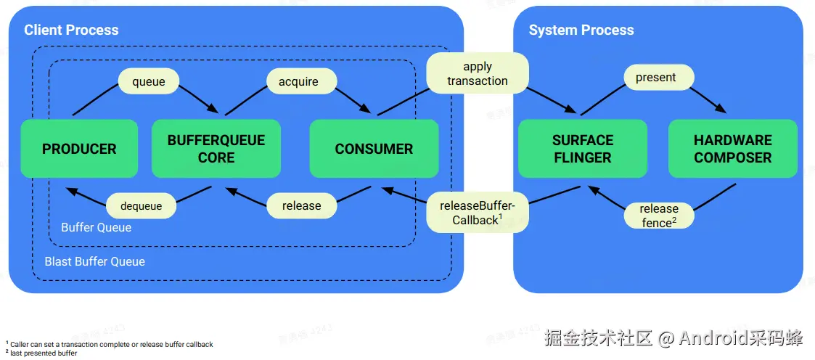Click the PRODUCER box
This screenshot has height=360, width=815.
[x=79, y=149]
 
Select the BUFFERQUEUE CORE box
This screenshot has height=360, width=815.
[x=216, y=149]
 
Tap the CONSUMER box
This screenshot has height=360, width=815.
[x=374, y=149]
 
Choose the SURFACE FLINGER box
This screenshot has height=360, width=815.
[x=582, y=149]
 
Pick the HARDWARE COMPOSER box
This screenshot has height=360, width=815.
[x=732, y=149]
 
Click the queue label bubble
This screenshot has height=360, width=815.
[x=149, y=81]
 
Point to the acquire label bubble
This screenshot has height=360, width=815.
[x=298, y=81]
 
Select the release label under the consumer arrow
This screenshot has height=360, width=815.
[x=301, y=206]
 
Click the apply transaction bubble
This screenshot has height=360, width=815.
[x=477, y=73]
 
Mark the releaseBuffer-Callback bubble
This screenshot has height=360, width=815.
[x=477, y=213]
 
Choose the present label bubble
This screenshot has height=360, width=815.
[x=655, y=77]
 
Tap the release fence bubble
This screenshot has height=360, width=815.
[x=658, y=216]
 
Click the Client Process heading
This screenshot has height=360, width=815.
[x=71, y=30]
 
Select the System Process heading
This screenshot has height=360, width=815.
[x=581, y=30]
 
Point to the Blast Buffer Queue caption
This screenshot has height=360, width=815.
[x=95, y=261]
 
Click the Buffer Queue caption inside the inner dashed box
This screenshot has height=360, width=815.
[x=97, y=227]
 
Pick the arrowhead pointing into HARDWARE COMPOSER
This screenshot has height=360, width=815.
[x=721, y=108]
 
